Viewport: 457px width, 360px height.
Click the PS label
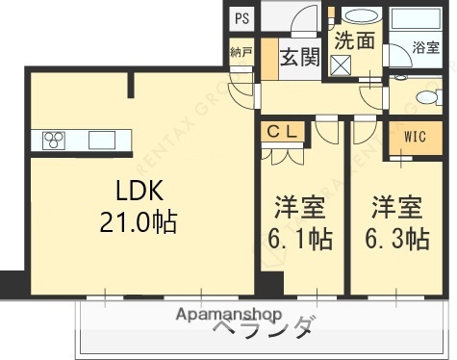(x=241, y=17)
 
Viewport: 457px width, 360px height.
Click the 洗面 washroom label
(x=354, y=40)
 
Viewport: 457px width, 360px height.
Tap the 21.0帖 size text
(x=138, y=222)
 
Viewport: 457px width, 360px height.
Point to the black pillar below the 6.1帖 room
(x=271, y=283)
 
